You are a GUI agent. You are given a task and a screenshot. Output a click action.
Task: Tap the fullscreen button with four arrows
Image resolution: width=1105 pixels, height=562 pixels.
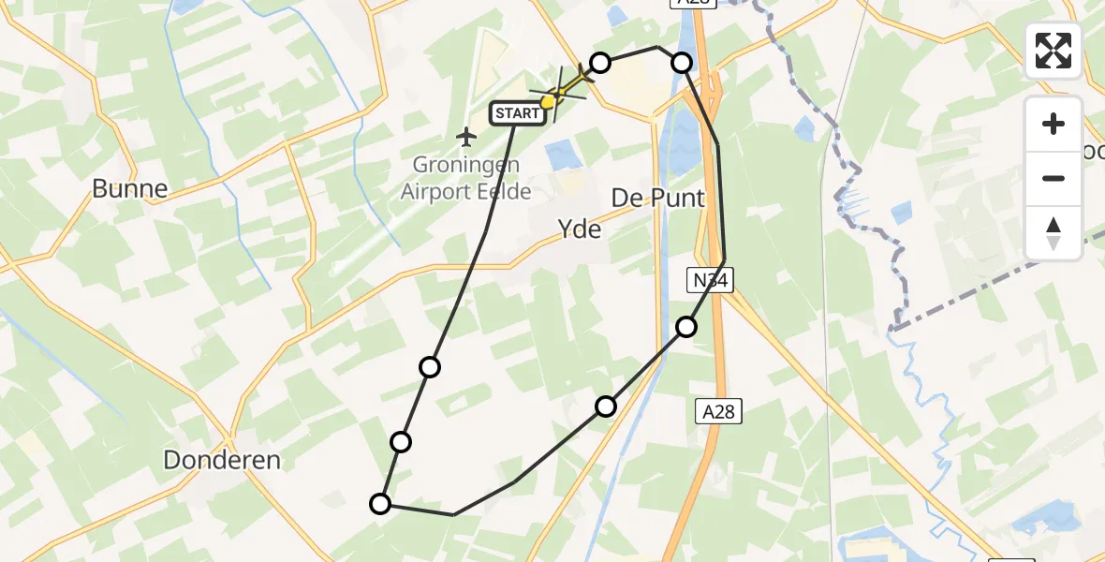click(x=1053, y=51)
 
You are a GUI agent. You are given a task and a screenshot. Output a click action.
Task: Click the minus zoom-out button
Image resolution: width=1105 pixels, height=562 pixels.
click(x=1053, y=178)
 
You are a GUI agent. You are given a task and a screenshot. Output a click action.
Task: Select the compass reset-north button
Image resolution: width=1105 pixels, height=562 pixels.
click(x=1053, y=232)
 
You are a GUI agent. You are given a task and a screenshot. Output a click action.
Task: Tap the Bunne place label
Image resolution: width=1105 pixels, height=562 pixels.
click(x=129, y=189)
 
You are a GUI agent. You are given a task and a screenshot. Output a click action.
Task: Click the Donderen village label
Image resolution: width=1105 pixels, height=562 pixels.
click(x=222, y=460)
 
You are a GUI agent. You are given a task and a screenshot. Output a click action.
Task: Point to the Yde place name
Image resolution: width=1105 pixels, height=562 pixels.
click(x=579, y=228)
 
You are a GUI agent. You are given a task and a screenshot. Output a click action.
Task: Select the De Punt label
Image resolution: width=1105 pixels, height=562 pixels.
click(x=657, y=198)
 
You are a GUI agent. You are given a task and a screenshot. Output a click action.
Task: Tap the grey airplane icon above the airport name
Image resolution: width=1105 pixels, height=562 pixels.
click(x=466, y=138)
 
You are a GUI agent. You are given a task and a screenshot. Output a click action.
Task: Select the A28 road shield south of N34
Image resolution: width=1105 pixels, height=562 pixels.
click(x=719, y=409)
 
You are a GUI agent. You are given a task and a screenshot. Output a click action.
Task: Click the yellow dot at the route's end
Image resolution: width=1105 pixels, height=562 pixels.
click(x=547, y=101)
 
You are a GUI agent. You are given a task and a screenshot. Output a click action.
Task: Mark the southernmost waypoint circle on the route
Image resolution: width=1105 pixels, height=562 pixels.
click(x=380, y=504)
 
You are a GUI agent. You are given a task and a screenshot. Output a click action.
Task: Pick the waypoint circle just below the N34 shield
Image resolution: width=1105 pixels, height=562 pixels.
click(x=686, y=326)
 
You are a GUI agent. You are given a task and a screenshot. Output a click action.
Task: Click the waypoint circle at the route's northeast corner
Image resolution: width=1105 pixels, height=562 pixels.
click(x=682, y=63)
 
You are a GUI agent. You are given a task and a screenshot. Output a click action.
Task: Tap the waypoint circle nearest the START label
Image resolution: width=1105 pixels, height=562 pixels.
click(x=600, y=63)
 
